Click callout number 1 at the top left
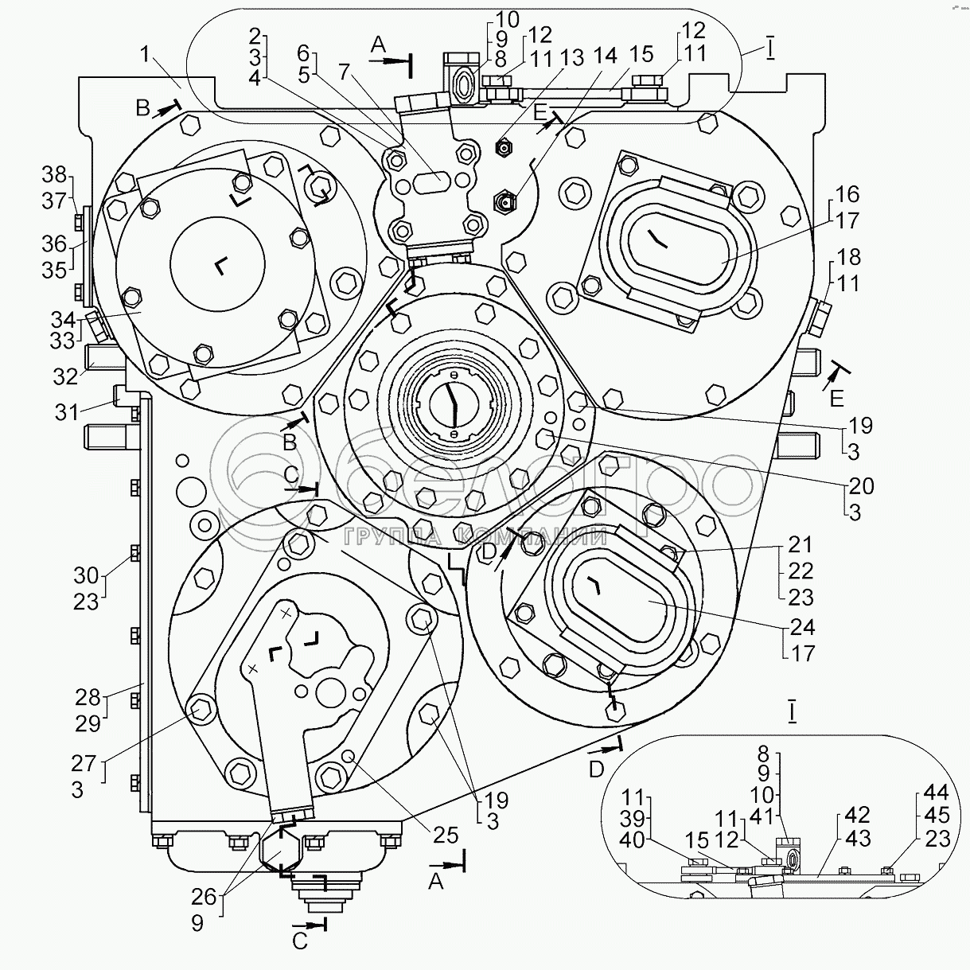click(145, 54)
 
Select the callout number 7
click(344, 72)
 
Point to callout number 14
click(605, 55)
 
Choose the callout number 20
click(861, 485)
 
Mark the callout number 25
click(445, 835)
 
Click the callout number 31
click(67, 412)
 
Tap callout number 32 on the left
click(66, 376)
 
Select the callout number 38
click(54, 175)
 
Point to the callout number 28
click(88, 697)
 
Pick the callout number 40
click(633, 855)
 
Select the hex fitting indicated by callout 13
click(503, 147)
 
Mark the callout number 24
click(802, 627)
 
